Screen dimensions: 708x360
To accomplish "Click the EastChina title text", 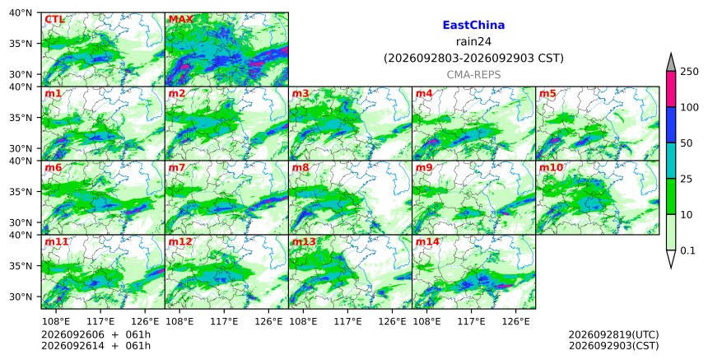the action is click(x=473, y=26).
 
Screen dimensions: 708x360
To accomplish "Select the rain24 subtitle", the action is click(x=473, y=42).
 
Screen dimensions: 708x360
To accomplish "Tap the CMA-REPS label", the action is click(x=473, y=75).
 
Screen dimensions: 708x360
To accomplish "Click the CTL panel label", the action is click(x=54, y=20).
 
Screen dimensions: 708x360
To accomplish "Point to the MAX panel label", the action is click(x=180, y=20).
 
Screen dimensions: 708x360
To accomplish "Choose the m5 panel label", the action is click(x=547, y=93).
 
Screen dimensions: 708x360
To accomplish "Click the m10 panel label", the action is click(x=551, y=167).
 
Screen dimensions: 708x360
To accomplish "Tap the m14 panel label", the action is click(x=427, y=241).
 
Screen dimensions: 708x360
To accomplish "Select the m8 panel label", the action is click(x=300, y=167).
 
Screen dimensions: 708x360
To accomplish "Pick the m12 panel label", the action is click(x=180, y=241).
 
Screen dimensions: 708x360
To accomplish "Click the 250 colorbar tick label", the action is click(x=690, y=72).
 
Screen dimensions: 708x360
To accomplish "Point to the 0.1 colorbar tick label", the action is click(x=687, y=250).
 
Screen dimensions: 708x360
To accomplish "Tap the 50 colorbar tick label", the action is click(x=687, y=143).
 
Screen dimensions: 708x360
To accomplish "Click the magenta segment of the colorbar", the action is click(x=670, y=89).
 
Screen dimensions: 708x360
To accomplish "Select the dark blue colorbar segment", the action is click(x=670, y=125).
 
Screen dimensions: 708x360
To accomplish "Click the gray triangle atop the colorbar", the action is click(x=670, y=63).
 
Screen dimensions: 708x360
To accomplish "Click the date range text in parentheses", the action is click(x=473, y=58).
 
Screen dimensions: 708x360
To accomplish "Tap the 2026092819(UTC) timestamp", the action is click(x=613, y=334).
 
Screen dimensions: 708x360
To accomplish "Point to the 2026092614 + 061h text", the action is click(x=95, y=346).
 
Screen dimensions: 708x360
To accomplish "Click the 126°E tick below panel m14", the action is click(x=515, y=321).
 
